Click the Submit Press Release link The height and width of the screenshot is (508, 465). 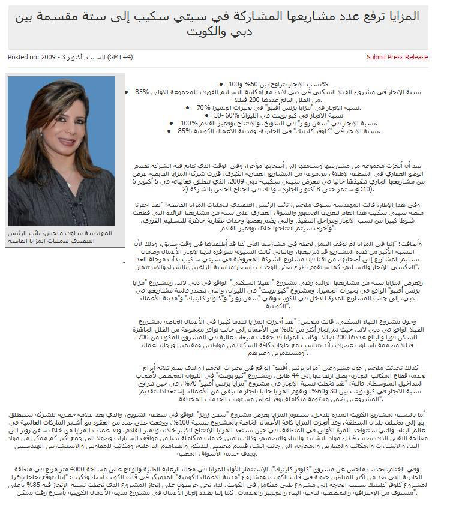pyautogui.click(x=397, y=58)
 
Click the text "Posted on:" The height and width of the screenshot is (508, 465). pyautogui.click(x=23, y=58)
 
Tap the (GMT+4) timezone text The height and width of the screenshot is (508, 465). pyautogui.click(x=120, y=58)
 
